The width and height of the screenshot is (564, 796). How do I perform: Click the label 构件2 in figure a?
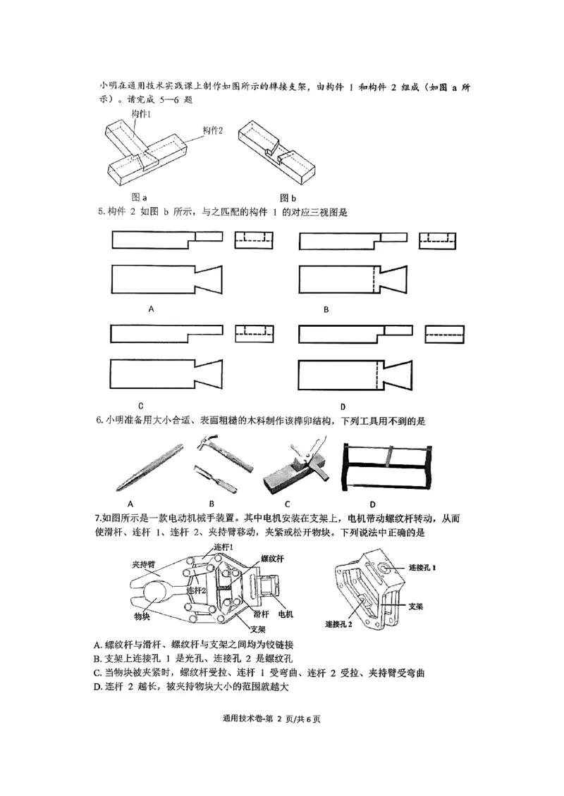tap(212, 130)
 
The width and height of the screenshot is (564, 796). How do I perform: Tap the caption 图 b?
tap(288, 197)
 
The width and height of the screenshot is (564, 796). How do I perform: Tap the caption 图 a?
tap(139, 197)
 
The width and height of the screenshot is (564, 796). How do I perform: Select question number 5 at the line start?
tap(99, 211)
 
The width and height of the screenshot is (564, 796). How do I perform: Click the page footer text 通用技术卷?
tap(246, 719)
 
